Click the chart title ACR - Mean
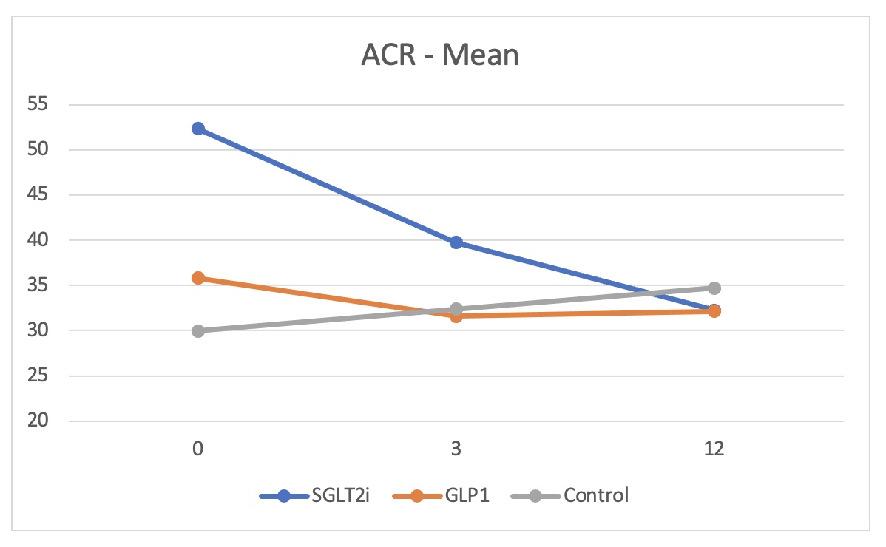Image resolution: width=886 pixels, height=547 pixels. [440, 55]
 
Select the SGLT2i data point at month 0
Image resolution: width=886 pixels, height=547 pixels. [197, 129]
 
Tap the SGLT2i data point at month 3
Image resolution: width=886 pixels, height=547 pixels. [456, 242]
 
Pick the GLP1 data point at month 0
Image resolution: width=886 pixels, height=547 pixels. [197, 278]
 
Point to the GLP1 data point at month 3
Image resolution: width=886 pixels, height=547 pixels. [456, 316]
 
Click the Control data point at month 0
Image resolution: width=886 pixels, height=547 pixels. [197, 330]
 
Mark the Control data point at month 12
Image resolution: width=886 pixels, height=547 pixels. [714, 288]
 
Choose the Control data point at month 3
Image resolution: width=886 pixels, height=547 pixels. [456, 308]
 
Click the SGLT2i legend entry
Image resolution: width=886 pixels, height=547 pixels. [314, 495]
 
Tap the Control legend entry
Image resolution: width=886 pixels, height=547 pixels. [569, 495]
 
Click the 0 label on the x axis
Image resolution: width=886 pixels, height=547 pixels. [197, 449]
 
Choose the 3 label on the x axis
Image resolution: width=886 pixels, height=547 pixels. [456, 449]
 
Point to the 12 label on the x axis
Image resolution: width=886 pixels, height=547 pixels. [714, 449]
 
